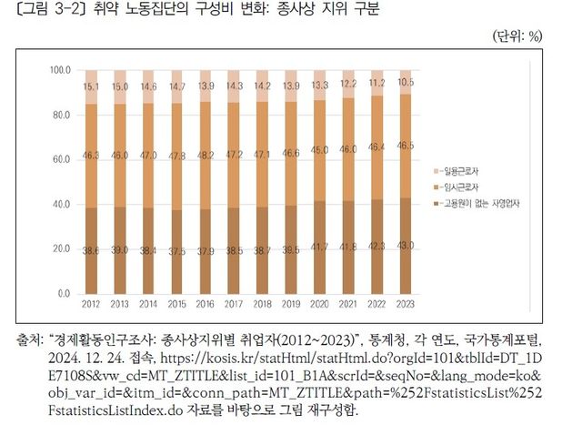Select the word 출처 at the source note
pyautogui.click(x=27, y=340)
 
